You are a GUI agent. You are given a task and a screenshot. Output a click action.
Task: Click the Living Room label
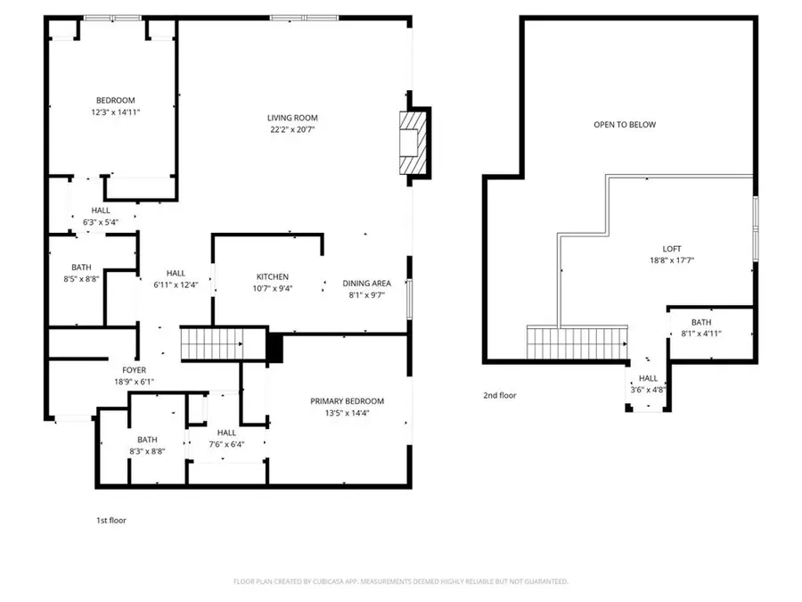click(x=292, y=118)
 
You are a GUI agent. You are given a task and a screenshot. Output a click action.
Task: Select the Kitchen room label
click(x=273, y=277)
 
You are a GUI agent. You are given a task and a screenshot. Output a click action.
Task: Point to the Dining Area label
click(x=366, y=284)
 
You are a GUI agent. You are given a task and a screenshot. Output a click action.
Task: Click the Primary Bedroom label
click(x=347, y=401)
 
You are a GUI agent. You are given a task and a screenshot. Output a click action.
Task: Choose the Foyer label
click(x=134, y=370)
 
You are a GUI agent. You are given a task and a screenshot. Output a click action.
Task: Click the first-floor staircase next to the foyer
click(x=212, y=343)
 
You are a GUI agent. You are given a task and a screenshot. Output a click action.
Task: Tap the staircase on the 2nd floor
click(x=574, y=342)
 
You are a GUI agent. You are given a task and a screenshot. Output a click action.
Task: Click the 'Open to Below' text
click(x=625, y=125)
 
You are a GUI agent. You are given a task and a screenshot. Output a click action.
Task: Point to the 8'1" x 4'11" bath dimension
click(x=700, y=334)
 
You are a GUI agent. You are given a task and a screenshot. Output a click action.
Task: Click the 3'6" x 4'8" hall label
click(x=648, y=389)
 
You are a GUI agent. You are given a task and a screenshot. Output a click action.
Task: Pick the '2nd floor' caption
click(x=499, y=395)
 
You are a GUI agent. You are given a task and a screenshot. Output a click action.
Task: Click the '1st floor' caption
click(x=110, y=520)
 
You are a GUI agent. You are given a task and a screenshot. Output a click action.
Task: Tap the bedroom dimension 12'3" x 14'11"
click(x=116, y=112)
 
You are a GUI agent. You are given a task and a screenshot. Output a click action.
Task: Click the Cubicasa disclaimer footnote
click(x=400, y=581)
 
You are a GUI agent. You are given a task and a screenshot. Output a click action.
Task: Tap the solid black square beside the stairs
click(x=275, y=347)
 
